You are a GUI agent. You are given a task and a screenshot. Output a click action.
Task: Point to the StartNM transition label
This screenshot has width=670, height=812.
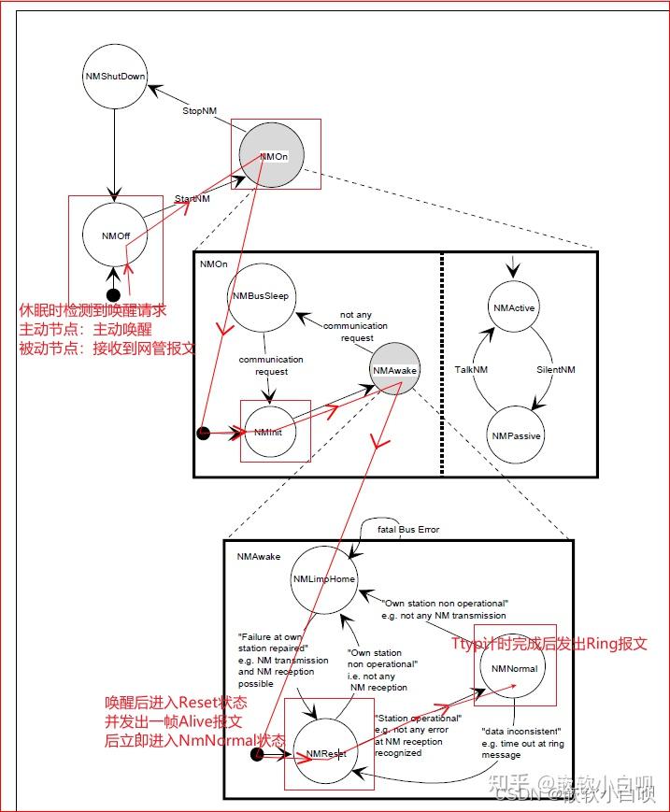coord(192,199)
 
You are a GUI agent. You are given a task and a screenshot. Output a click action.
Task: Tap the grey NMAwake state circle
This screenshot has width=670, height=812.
coord(394,370)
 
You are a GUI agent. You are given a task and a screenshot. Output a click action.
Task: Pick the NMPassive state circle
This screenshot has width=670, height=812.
coord(515,435)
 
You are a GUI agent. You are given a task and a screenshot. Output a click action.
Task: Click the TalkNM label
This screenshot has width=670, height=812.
coord(472,370)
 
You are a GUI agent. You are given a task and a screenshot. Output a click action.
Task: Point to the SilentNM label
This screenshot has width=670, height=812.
coord(556,370)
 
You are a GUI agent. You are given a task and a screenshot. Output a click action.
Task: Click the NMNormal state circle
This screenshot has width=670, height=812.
coord(514,668)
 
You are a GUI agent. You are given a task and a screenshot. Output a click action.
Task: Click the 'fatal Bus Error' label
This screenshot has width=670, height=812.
coord(408,530)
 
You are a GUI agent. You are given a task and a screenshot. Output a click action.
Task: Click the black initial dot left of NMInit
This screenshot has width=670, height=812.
coord(204,433)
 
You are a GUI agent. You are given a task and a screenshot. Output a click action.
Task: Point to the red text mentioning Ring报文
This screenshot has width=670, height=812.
coord(549,644)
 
